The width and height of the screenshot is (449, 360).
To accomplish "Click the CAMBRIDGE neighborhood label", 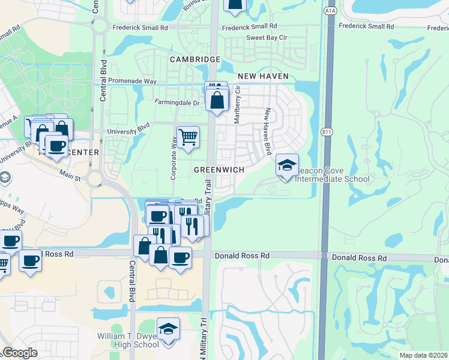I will (x=195, y=59).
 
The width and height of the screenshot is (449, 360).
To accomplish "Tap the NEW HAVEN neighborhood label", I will (x=263, y=76).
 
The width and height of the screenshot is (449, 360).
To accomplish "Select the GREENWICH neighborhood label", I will (x=219, y=170).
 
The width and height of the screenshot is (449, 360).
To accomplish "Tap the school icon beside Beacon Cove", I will (x=288, y=164).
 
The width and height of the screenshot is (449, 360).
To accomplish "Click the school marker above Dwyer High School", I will (x=168, y=329).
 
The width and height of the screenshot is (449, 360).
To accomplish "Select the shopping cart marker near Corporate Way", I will (x=188, y=137).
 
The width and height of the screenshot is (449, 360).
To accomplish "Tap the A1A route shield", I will (x=329, y=11).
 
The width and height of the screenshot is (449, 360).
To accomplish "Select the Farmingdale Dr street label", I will (x=177, y=103).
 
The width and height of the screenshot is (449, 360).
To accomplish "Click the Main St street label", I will (x=70, y=176).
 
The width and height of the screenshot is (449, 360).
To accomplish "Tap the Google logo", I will (x=20, y=353).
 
